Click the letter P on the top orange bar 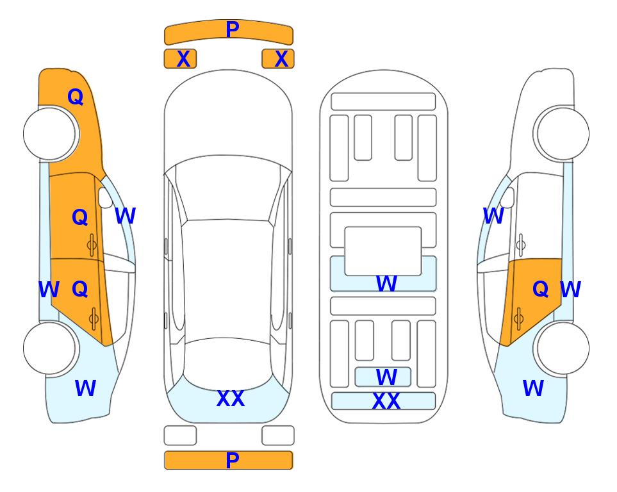coord(233,29)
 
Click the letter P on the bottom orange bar coord(233,460)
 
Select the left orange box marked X coord(180,59)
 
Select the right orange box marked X coord(278,59)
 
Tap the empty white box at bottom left coord(180,436)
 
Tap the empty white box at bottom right coord(278,436)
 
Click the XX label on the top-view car coord(231,398)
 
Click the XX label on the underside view coord(386,401)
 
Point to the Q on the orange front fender coord(76,97)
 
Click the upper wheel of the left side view coord(49,134)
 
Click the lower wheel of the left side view coord(49,348)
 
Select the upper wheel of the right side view coord(563,133)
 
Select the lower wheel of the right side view coord(563,348)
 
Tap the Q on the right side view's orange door coord(540,290)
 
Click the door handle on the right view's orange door coord(519,319)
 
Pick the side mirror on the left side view coord(106,197)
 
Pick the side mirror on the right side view coord(507,197)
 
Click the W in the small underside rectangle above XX coord(386,377)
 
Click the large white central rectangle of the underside coord(383,251)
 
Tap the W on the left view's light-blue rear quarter coord(85,388)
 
